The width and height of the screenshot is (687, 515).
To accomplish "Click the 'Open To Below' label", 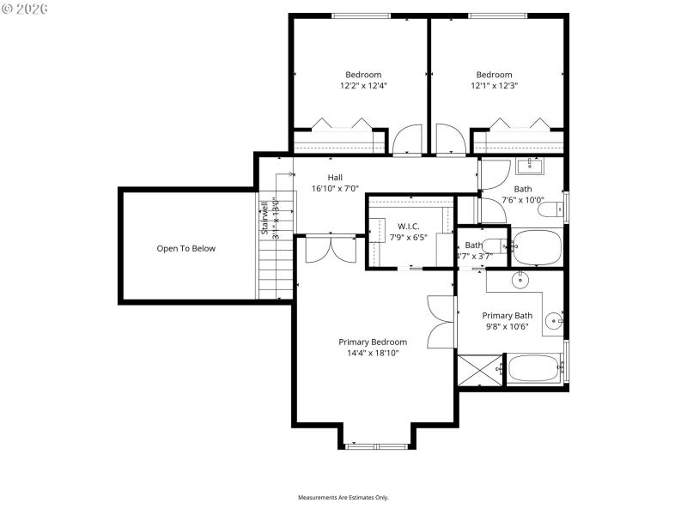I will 185,249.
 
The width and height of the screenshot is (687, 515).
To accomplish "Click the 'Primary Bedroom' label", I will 372,342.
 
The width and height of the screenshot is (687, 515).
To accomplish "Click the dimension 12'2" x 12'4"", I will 363,86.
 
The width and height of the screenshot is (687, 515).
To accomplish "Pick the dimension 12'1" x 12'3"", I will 494,86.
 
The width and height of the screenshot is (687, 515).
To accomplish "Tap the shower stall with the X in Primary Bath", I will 481,370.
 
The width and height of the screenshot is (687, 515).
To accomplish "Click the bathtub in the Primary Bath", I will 534,370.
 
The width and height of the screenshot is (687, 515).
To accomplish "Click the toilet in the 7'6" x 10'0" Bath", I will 556,208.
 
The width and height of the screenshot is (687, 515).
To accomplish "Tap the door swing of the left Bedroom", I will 407,139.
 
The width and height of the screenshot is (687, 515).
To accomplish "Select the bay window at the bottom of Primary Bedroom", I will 378,445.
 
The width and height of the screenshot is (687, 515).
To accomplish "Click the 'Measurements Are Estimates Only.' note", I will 343,498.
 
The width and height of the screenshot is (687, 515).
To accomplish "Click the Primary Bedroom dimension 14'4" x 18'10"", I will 372,353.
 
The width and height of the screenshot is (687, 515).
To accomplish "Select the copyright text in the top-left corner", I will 26,8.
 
